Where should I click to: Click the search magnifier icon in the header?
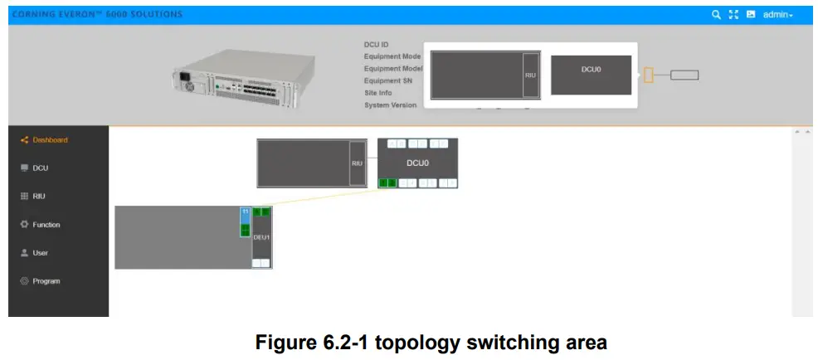716,15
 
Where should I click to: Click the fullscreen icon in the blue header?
733,15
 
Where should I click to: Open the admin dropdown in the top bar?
777,15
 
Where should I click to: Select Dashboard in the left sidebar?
50,140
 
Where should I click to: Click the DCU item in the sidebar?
40,168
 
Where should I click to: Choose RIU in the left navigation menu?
38,197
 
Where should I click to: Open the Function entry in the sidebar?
46,225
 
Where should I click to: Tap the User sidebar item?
40,253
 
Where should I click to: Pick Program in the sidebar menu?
46,281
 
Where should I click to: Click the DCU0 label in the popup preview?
591,70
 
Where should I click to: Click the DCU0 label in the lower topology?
417,163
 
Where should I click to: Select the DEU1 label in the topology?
261,237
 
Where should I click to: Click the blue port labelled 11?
245,212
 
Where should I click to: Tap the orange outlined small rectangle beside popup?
649,75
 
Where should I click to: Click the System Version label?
390,105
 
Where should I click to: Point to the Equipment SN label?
388,81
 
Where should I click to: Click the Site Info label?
377,93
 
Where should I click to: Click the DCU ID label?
376,45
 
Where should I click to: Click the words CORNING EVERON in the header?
58,15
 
